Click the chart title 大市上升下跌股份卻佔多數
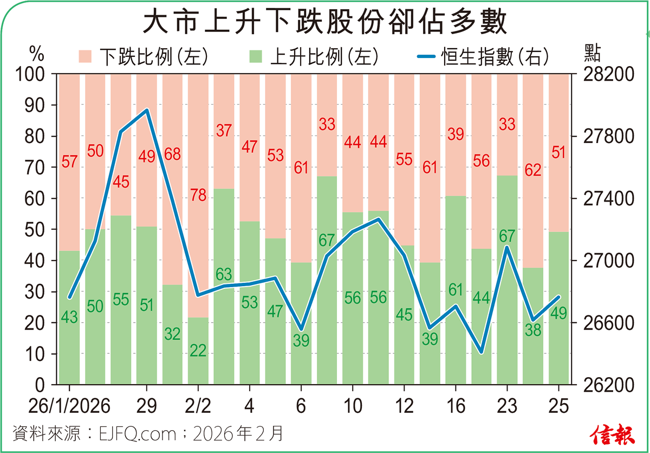324,23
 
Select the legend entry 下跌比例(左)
143,56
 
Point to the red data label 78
198,195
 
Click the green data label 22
198,351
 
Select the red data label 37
224,131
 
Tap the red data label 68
172,154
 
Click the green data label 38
533,330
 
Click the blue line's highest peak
147,111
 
